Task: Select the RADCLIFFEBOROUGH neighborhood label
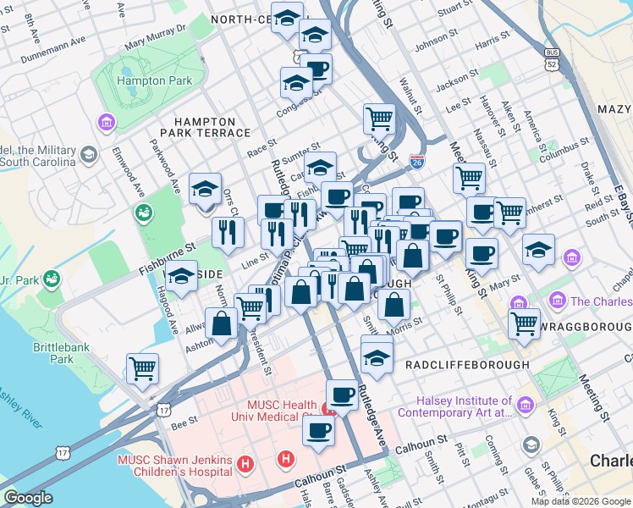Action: [x=467, y=365]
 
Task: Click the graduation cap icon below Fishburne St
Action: [x=181, y=276]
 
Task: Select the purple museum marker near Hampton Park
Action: [x=107, y=124]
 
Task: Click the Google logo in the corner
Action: [x=28, y=498]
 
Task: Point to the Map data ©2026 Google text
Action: [x=580, y=501]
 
